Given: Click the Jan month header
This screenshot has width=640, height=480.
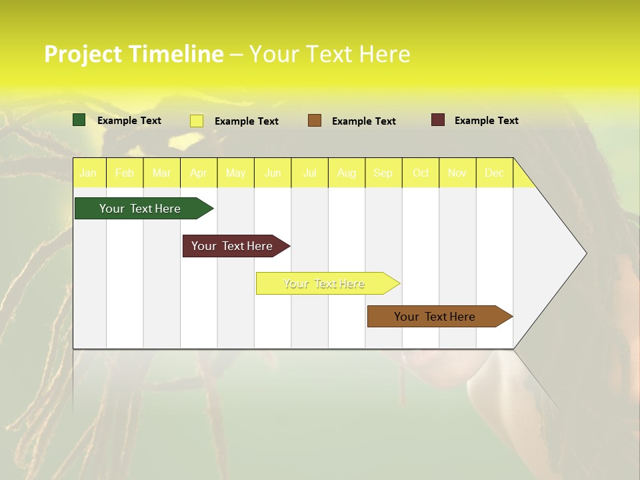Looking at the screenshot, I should pos(88,173).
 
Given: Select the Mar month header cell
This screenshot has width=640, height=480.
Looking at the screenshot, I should pos(161,173).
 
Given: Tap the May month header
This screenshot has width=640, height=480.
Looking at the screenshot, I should pos(235,173).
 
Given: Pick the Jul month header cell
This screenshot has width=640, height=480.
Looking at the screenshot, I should pos(309,173).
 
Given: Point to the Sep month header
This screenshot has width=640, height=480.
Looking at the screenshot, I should pos(383,173).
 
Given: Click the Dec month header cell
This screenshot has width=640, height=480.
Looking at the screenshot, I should pos(494,173).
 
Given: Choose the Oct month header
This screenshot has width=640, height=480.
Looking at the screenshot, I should pos(421,173).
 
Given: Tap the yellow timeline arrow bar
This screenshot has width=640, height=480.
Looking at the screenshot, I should pos(325,283).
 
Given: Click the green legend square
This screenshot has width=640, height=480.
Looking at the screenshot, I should pos(79,120).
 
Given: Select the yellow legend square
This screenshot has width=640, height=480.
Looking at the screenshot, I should pos(197,121).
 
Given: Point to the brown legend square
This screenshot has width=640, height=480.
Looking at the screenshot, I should pos(315,121).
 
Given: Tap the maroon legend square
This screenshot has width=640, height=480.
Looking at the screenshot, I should pos(438,120).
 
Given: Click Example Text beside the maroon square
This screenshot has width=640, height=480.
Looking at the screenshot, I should pos(486,121).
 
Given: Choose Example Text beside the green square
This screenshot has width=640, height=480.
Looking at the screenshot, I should pos(129,121).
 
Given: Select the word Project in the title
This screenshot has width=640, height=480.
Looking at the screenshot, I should pos(83,54).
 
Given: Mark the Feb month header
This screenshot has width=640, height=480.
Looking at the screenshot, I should pos(125,173).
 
